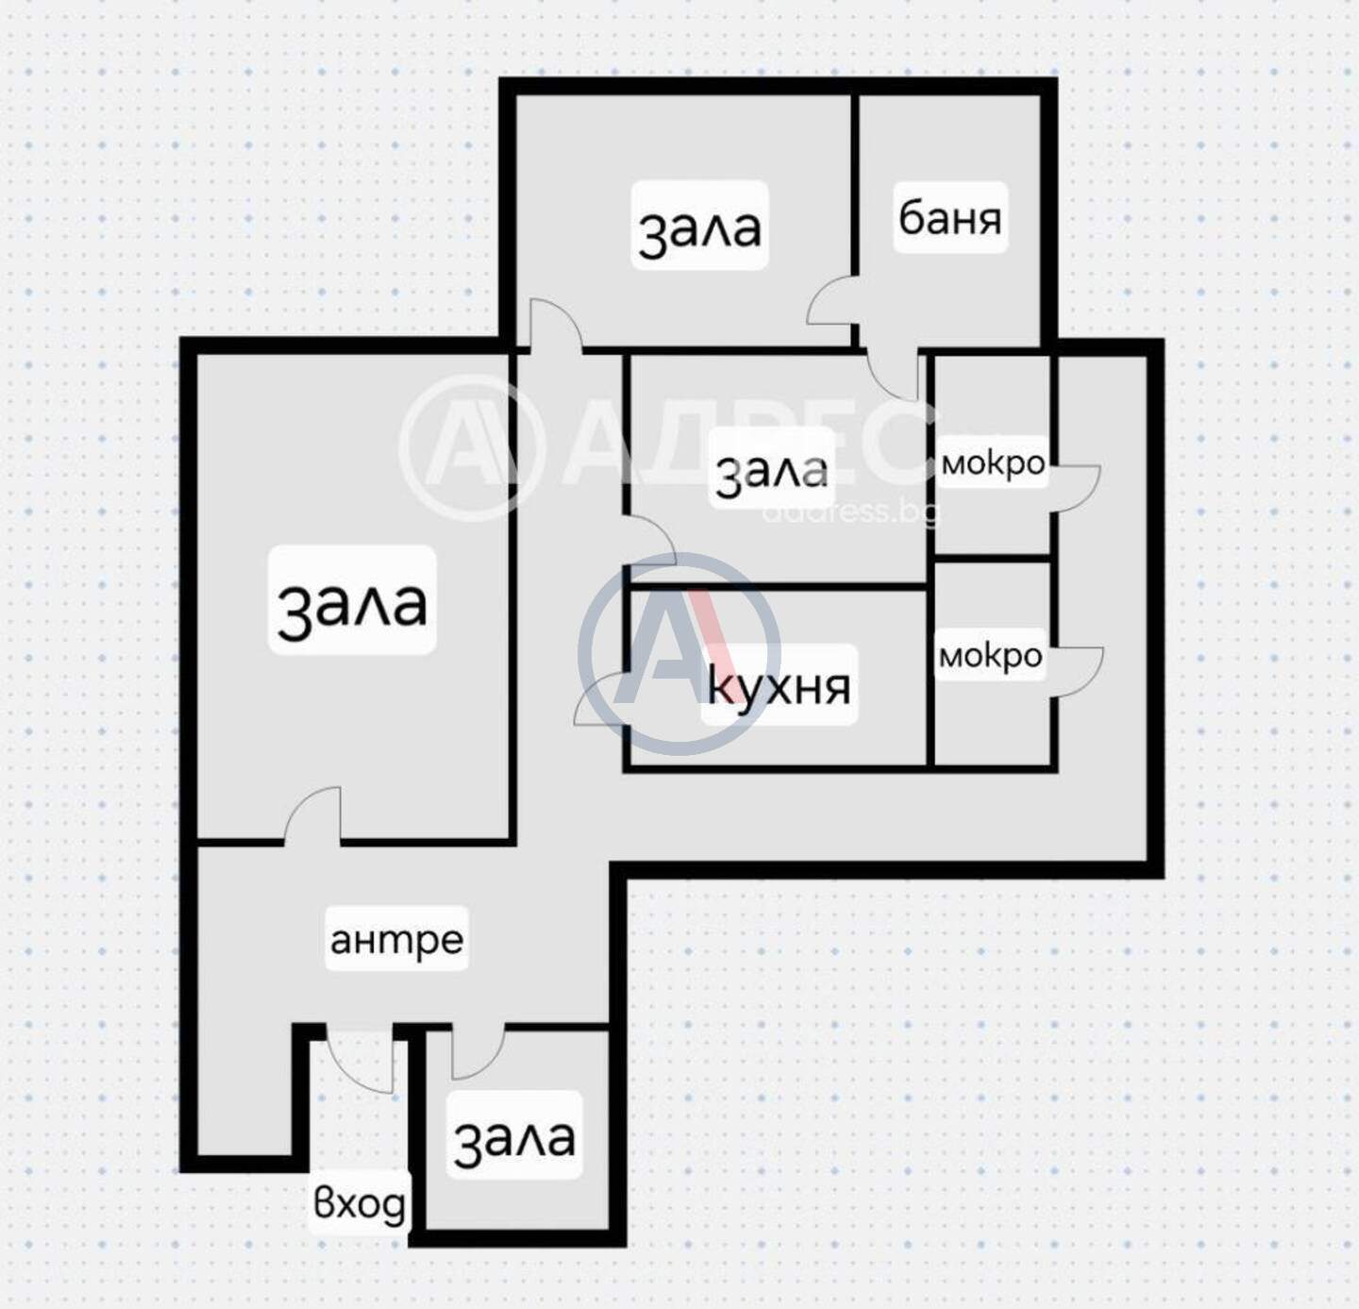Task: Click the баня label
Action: (949, 218)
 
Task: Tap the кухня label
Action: (780, 686)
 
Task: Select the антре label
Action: (396, 939)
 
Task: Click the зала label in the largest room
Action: (352, 602)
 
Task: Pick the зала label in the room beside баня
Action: (699, 227)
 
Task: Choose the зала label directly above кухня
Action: (772, 469)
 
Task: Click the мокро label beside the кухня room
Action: (990, 655)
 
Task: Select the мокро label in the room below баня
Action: (993, 462)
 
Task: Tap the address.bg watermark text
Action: (850, 512)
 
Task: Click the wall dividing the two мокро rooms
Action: (993, 558)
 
